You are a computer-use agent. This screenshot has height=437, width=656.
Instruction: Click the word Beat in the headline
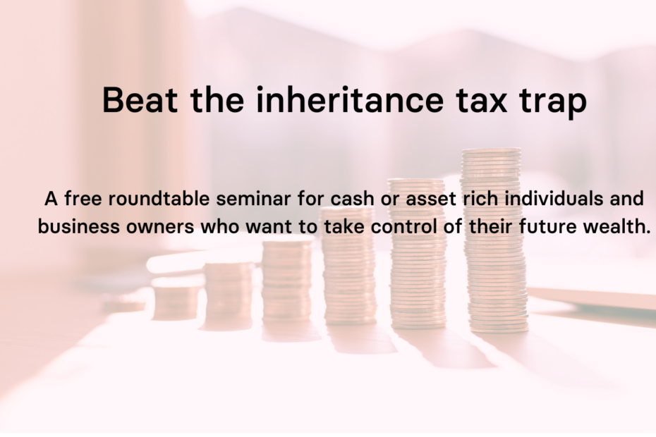tap(140, 99)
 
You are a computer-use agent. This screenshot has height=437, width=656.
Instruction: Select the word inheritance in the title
tap(349, 99)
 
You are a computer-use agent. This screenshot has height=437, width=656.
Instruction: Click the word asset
tap(431, 199)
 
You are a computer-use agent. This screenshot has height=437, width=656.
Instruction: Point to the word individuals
tap(554, 198)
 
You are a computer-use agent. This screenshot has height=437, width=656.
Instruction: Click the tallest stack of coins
tap(494, 240)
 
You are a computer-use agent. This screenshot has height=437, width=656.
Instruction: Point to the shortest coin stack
tap(176, 298)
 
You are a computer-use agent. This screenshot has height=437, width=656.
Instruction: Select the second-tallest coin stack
tap(418, 254)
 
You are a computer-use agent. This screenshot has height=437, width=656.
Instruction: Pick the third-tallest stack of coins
tap(348, 266)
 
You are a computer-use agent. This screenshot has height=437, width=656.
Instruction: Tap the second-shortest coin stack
tap(229, 295)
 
